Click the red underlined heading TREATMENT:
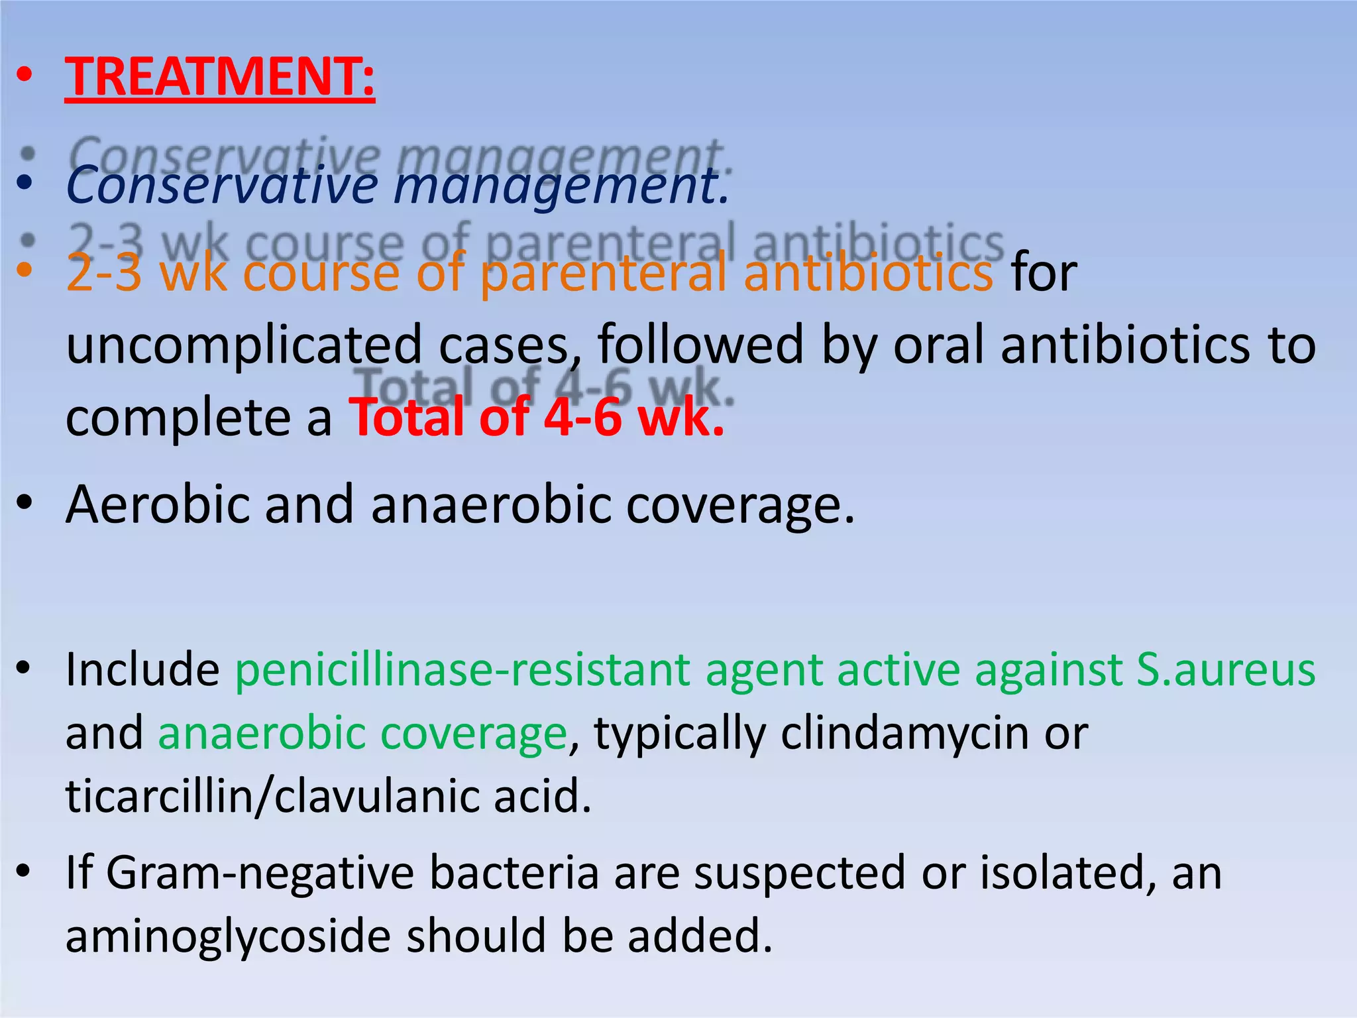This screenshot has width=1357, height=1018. click(x=219, y=77)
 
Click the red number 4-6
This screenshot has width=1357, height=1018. click(x=582, y=418)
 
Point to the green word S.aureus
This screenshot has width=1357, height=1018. click(x=1226, y=670)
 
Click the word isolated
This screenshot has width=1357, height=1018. click(x=1067, y=873)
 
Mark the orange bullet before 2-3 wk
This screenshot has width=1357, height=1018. click(x=25, y=269)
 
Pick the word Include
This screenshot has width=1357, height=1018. click(x=142, y=670)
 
